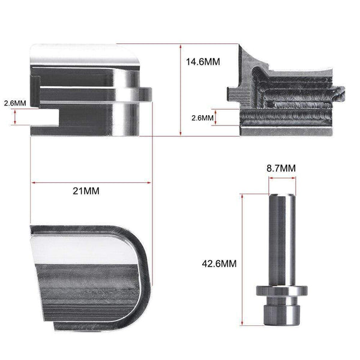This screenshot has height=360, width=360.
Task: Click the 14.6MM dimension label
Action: click(x=203, y=62)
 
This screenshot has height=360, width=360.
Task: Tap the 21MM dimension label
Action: click(x=86, y=191)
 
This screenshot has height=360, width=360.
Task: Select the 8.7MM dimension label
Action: click(x=281, y=168)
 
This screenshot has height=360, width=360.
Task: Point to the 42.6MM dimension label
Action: click(x=219, y=263)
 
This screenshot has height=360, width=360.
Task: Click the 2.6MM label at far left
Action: click(x=15, y=103)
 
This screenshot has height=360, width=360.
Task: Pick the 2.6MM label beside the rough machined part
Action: click(x=203, y=118)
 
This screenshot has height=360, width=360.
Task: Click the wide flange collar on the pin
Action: click(x=282, y=291)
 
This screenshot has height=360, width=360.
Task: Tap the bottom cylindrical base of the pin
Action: click(x=281, y=315)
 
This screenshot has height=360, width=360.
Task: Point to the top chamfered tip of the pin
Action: click(x=282, y=196)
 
